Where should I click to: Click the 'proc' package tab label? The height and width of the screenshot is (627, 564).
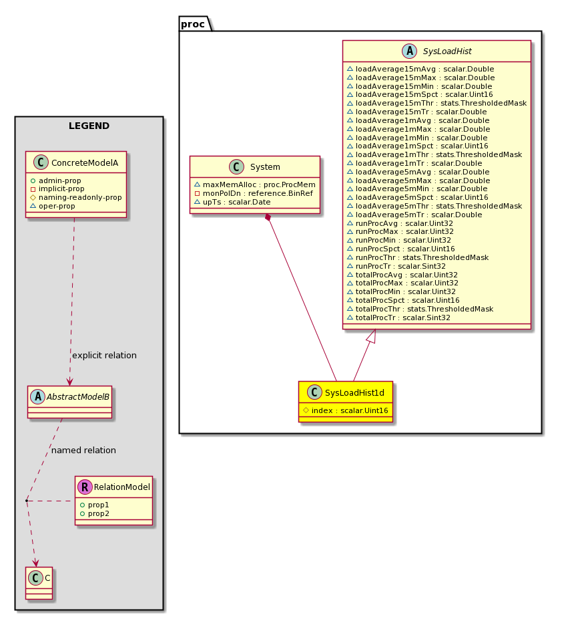[x=193, y=24]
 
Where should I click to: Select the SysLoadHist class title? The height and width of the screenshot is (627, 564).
[x=447, y=51]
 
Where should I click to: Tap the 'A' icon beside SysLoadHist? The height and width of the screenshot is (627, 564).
[x=410, y=51]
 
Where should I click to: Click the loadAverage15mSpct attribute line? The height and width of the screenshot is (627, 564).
[x=420, y=95]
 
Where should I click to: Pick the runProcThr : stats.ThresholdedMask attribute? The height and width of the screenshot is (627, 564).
[x=418, y=257]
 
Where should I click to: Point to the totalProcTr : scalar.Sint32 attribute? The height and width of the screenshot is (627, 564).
[x=398, y=318]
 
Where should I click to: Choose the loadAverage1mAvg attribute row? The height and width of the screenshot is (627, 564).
[x=418, y=120]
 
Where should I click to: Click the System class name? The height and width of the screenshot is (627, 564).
[x=265, y=167]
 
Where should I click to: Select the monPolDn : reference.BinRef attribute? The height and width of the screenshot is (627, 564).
[x=254, y=194]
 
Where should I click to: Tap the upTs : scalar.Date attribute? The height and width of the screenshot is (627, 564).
[x=232, y=203]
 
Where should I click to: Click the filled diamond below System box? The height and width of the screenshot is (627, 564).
[x=268, y=217]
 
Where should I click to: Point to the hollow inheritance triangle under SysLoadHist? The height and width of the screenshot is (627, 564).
[x=372, y=336]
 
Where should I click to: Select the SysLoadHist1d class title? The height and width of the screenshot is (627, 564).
[x=354, y=392]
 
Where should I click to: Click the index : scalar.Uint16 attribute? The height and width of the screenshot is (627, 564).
[x=346, y=410]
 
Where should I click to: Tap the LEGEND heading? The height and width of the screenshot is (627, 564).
[x=89, y=126]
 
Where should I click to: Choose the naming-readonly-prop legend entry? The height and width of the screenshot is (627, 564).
[x=76, y=198]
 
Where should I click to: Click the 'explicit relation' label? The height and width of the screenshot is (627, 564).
[x=104, y=355]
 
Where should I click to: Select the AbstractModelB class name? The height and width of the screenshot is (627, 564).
[x=78, y=396]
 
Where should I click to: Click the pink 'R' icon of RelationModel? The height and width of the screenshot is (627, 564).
[x=85, y=487]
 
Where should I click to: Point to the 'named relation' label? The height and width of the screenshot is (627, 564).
[x=84, y=451]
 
